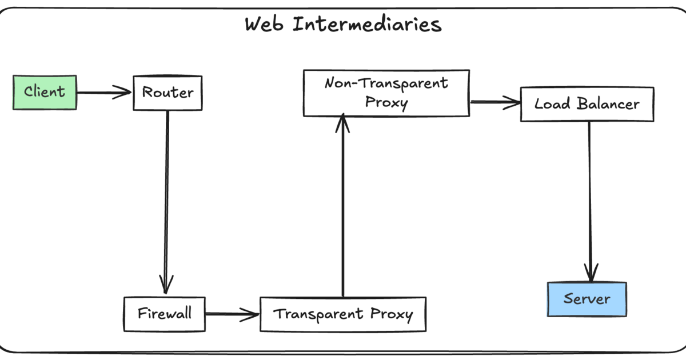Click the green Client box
(45, 92)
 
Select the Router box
(167, 93)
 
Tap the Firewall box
(164, 314)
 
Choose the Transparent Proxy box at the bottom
(342, 314)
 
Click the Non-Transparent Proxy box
(386, 93)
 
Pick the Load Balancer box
(587, 104)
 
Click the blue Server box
(587, 299)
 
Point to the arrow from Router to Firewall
(167, 200)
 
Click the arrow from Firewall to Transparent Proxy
(232, 314)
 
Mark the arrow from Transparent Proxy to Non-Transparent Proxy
(342, 206)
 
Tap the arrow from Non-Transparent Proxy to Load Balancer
(494, 103)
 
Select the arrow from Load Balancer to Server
(589, 200)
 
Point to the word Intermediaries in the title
(367, 25)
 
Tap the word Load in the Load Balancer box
(552, 104)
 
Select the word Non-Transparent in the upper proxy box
(386, 83)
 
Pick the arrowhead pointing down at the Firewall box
(166, 283)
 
